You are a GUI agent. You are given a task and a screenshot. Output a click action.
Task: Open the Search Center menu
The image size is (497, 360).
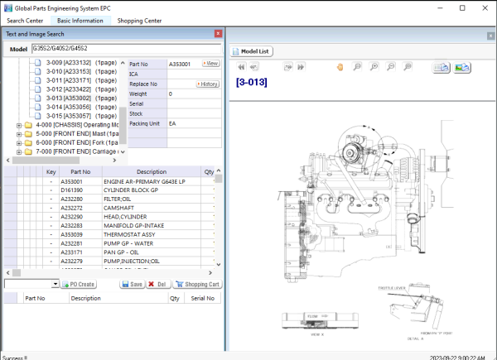25,20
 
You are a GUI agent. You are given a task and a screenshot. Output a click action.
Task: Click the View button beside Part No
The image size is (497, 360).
210,63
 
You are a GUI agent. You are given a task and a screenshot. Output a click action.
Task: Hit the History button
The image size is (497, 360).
207,84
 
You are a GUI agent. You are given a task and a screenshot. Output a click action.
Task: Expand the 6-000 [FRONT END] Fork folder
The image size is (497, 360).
18,142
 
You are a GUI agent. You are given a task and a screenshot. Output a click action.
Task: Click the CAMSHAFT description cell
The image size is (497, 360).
118,207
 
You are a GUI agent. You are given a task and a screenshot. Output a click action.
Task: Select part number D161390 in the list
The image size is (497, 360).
72,190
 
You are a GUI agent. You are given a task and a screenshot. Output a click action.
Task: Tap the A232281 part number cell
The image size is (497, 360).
72,243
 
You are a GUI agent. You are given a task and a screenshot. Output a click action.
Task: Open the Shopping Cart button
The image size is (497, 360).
197,284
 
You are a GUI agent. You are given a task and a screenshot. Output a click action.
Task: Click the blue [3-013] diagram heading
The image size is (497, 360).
253,82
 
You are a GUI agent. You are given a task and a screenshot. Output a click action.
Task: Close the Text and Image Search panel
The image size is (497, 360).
218,34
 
